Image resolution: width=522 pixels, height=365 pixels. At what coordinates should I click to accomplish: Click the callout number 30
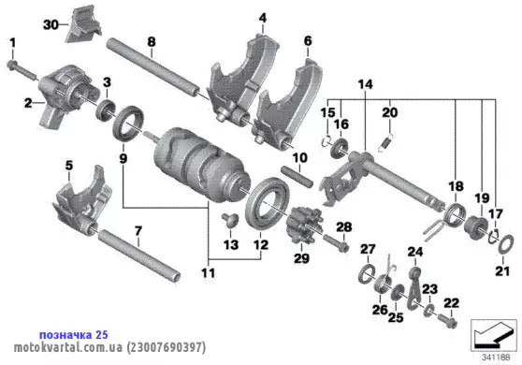click(51, 25)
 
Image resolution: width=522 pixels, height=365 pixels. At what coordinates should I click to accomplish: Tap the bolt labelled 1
click(21, 70)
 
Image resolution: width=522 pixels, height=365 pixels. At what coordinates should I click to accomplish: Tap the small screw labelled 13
click(230, 220)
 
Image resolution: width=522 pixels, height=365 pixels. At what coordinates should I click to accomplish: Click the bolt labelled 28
click(336, 243)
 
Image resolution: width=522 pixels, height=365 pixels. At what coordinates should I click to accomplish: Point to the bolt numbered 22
click(446, 321)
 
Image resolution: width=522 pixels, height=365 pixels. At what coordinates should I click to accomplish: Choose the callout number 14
click(365, 84)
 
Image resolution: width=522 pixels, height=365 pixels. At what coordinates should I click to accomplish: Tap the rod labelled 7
click(139, 254)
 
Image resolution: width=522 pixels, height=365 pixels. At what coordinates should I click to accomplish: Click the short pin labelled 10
click(297, 176)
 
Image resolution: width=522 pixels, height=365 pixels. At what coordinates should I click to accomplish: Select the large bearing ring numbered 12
click(268, 204)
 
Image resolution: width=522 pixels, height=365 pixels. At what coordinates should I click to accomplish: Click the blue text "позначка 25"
click(74, 335)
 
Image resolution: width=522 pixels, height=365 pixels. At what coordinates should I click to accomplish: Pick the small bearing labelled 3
click(106, 109)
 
